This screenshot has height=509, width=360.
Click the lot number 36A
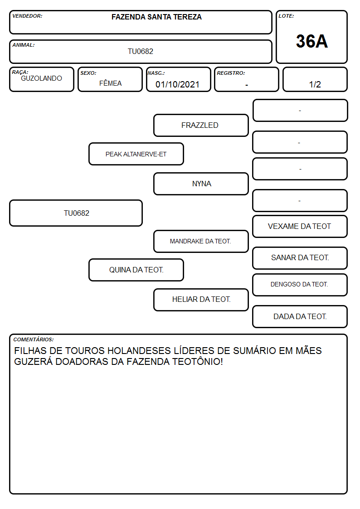pyautogui.click(x=311, y=41)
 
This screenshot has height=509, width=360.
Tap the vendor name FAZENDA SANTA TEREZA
pyautogui.click(x=156, y=17)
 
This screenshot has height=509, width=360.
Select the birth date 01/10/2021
pyautogui.click(x=177, y=84)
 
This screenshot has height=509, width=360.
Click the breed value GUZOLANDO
pyautogui.click(x=41, y=78)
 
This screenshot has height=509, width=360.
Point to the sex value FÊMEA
pyautogui.click(x=110, y=83)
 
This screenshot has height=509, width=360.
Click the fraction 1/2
pyautogui.click(x=315, y=84)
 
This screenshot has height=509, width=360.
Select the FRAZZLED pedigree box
pyautogui.click(x=201, y=125)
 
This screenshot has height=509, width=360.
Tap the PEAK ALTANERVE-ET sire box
pyautogui.click(x=136, y=154)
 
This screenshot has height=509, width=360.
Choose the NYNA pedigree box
pyautogui.click(x=201, y=184)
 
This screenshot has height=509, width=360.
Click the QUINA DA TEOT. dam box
pyautogui.click(x=136, y=270)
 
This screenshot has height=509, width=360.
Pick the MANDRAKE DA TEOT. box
pyautogui.click(x=201, y=241)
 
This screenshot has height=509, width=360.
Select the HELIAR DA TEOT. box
pyautogui.click(x=201, y=300)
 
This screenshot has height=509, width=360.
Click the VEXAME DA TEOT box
pyautogui.click(x=300, y=226)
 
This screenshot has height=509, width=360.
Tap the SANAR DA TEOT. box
pyautogui.click(x=300, y=258)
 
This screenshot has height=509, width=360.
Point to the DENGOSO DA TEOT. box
pyautogui.click(x=300, y=285)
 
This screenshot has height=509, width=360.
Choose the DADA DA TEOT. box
pyautogui.click(x=300, y=316)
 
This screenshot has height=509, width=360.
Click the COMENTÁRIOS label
pyautogui.click(x=34, y=339)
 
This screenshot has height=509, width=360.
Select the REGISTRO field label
pyautogui.click(x=231, y=73)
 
